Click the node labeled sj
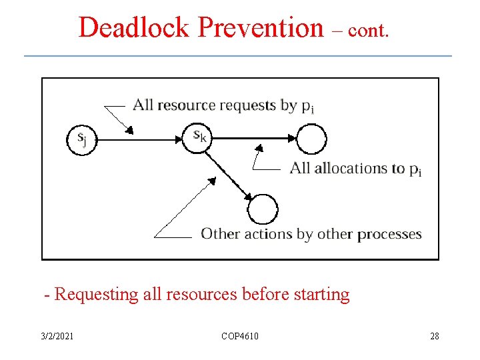pos(81,139)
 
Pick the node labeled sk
pos(199,137)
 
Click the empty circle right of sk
pos(311,139)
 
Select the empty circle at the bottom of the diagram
pos(263,210)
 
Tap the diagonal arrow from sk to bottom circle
pos(230,175)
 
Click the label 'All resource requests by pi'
pos(223,105)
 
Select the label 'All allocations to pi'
pos(355,169)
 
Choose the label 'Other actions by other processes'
pos(311,234)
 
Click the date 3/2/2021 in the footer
pos(57,336)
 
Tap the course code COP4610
pos(240,336)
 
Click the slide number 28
pos(435,336)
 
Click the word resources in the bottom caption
pos(194,294)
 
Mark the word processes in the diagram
pos(389,234)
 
